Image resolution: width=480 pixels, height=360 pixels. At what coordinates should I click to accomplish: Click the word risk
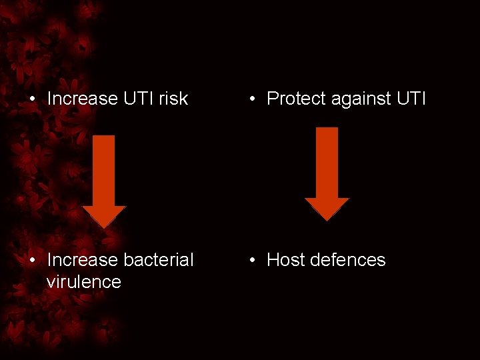[x=173, y=99]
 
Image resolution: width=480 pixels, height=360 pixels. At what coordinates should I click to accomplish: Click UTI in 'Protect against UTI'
[x=411, y=99]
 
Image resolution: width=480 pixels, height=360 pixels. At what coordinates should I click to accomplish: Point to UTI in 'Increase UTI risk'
[x=138, y=99]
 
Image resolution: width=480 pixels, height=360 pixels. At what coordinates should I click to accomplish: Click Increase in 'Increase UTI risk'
[x=82, y=99]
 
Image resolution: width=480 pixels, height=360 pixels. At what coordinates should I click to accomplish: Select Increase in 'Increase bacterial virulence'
[x=82, y=260]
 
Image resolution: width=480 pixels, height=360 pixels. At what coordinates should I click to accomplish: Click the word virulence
[x=83, y=281]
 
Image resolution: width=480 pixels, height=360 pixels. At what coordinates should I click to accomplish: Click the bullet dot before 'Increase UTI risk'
[x=33, y=99]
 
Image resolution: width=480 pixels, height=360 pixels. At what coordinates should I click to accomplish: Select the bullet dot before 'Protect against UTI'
[x=253, y=99]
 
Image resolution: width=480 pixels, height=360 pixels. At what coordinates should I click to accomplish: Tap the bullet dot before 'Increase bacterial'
[x=33, y=261]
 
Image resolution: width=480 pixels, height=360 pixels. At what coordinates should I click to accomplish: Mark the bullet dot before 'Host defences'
[x=253, y=261]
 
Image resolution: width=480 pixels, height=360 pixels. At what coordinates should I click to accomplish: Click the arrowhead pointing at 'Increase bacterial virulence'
[x=104, y=216]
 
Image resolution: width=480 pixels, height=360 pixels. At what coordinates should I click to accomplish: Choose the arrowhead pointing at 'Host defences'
[x=327, y=208]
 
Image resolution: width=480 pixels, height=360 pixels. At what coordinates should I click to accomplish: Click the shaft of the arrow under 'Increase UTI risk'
[x=104, y=170]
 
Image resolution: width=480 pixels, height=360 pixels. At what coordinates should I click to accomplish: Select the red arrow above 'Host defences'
[x=327, y=173]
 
